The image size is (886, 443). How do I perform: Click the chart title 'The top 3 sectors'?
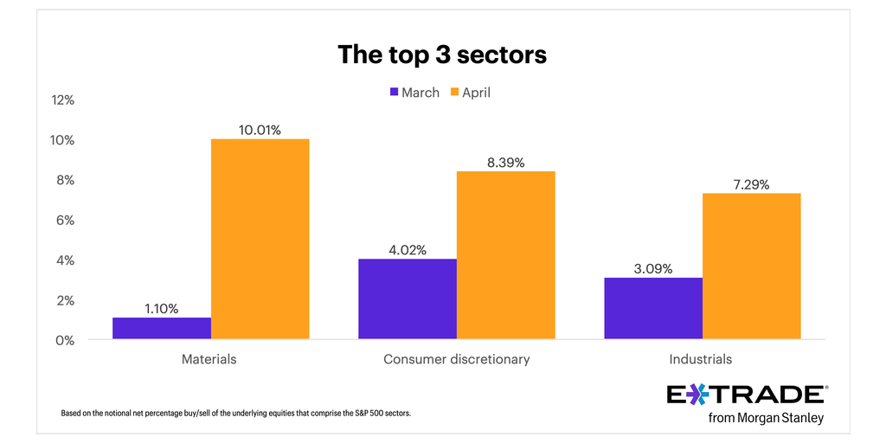pos(442,55)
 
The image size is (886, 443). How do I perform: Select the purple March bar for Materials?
pos(162,329)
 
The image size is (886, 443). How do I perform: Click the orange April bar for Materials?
pos(260,240)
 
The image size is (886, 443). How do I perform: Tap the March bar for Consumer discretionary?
pos(408,299)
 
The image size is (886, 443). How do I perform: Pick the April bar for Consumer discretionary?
pos(505,255)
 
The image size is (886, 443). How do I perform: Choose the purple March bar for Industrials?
pos(653,309)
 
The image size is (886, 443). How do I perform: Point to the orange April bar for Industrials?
pos(751,266)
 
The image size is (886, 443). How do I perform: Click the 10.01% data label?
pos(260,130)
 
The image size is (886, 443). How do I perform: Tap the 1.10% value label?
pos(162,308)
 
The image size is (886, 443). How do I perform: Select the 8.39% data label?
pos(505,163)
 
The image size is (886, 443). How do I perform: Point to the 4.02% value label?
pos(408,250)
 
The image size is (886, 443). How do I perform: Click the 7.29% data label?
pos(751,184)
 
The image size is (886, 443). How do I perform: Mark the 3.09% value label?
pos(653,268)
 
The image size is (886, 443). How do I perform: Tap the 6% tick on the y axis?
pos(65,221)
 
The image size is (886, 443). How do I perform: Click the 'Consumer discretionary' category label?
pos(456,359)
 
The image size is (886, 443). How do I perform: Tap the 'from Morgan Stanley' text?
pos(765,419)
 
